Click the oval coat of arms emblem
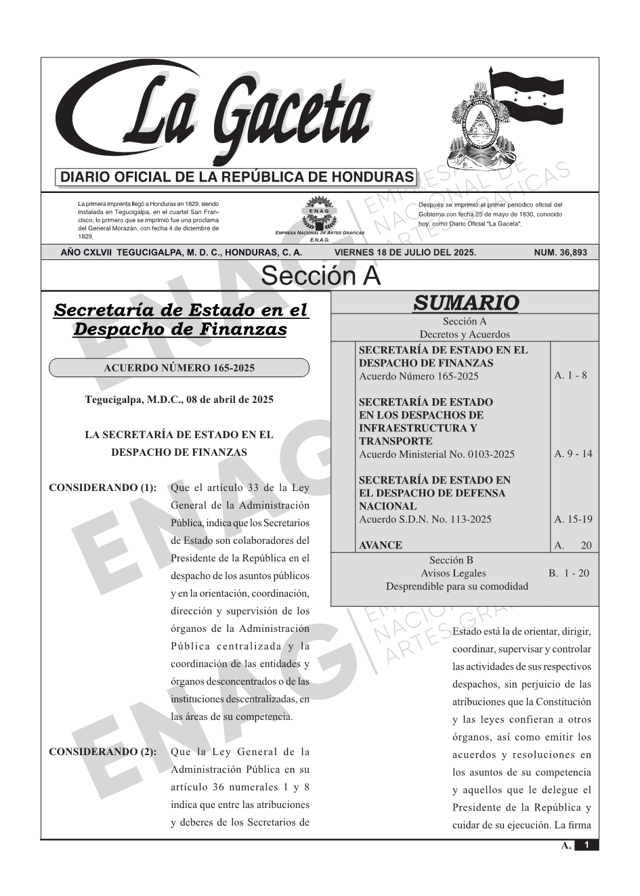[476, 122]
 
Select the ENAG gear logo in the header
[319, 213]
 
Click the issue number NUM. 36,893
[561, 253]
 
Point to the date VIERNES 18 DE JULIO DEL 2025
[405, 253]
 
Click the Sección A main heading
[320, 276]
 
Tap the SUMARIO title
[465, 303]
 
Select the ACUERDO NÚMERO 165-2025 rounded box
[179, 368]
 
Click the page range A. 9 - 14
[573, 454]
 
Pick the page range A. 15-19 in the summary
[573, 519]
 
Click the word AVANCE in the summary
[380, 545]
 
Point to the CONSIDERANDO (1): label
[103, 488]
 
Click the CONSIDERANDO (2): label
[103, 752]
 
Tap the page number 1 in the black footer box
[586, 845]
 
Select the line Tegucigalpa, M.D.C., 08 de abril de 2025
[179, 400]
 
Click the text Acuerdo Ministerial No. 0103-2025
[436, 454]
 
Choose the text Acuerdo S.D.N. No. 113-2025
[425, 519]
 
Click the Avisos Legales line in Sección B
[453, 573]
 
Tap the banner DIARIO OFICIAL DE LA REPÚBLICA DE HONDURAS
[237, 177]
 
